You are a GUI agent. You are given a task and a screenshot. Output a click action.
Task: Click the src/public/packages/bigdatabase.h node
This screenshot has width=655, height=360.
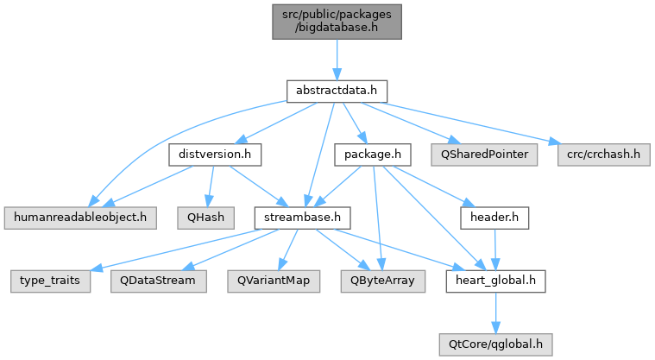(337, 22)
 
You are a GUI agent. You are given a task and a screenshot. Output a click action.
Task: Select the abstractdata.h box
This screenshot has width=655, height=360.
(337, 92)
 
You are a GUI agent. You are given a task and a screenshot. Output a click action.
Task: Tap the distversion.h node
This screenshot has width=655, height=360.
(215, 155)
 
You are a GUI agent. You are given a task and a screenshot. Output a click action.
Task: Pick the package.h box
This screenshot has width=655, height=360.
(373, 155)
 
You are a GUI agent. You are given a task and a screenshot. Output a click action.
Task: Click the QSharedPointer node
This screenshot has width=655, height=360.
(484, 155)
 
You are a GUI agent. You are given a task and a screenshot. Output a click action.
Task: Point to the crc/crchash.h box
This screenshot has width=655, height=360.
(603, 155)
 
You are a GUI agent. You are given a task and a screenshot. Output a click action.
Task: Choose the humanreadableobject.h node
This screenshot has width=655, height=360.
(80, 218)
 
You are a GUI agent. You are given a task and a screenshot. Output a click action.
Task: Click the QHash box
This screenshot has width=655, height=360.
(206, 218)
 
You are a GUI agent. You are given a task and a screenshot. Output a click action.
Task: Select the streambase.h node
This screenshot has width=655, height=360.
(302, 218)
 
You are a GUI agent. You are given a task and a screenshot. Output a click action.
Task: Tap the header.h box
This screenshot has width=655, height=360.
(494, 218)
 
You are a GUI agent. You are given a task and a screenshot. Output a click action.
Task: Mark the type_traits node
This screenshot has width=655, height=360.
(50, 281)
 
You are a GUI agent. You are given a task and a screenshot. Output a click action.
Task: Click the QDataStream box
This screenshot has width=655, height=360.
(158, 281)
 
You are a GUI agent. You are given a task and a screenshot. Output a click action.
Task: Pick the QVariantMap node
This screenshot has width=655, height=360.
(274, 281)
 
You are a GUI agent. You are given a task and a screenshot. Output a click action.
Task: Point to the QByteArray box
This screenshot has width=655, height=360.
(382, 281)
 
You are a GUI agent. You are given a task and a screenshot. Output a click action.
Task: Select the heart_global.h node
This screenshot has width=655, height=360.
(496, 281)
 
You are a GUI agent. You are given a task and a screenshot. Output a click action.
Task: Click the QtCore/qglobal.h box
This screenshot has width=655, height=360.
(496, 344)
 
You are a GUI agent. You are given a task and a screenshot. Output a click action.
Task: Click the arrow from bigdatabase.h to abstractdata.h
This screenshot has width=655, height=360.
(337, 60)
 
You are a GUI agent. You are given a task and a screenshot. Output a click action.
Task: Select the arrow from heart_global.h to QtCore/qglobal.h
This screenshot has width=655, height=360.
(496, 313)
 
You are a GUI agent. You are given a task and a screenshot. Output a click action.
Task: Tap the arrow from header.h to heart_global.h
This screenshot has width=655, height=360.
(495, 249)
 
